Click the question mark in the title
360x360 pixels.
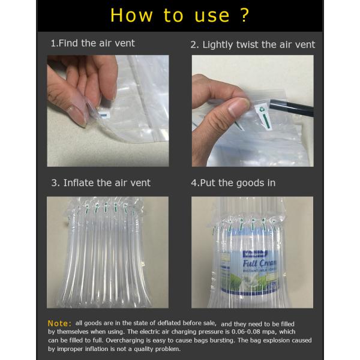pos(245,15)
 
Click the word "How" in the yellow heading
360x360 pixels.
pos(131,16)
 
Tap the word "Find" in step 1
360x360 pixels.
pos(68,43)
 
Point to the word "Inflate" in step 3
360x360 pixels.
pos(78,183)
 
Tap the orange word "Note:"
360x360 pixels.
pos(59,323)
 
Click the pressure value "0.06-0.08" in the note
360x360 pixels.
pos(247,332)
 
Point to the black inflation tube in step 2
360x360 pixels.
pos(292,107)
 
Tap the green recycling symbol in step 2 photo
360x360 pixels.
pos(261,110)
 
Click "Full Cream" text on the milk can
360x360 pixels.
pos(259,263)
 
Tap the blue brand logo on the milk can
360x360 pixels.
pos(255,254)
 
